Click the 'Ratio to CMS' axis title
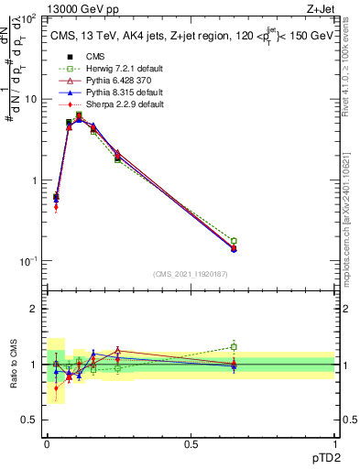13,364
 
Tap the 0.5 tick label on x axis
191,443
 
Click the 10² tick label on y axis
27,18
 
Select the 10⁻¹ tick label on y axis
27,262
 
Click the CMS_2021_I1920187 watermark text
190,274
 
